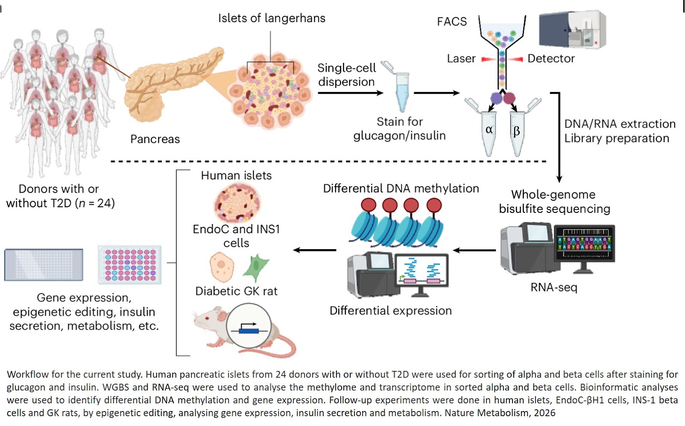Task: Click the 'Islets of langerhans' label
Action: pyautogui.click(x=271, y=18)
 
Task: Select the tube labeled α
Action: pyautogui.click(x=489, y=133)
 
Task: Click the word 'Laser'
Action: pyautogui.click(x=461, y=59)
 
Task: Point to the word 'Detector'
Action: pyautogui.click(x=551, y=59)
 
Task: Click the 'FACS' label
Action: pyautogui.click(x=452, y=22)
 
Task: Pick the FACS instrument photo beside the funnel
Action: pyautogui.click(x=572, y=30)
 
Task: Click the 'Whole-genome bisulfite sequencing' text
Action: pyautogui.click(x=554, y=202)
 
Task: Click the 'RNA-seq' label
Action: pyautogui.click(x=554, y=287)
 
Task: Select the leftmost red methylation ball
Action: pyautogui.click(x=368, y=205)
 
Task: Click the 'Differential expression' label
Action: pyautogui.click(x=390, y=311)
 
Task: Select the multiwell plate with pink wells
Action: pyautogui.click(x=130, y=265)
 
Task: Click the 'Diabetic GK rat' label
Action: pyautogui.click(x=236, y=292)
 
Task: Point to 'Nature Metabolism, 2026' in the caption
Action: pyautogui.click(x=500, y=413)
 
